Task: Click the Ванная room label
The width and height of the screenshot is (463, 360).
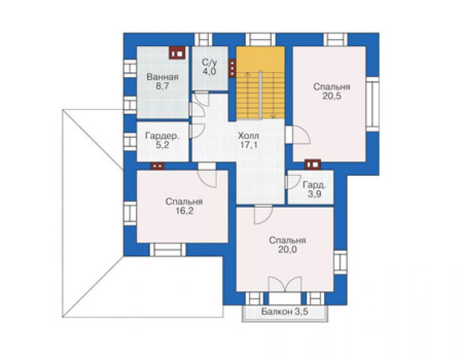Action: [163, 81]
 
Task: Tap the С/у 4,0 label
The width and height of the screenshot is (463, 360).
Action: [210, 67]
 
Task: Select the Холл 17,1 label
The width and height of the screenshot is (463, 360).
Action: [248, 140]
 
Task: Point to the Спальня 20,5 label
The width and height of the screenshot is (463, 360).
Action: [332, 91]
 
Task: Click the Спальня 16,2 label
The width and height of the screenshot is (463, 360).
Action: [184, 206]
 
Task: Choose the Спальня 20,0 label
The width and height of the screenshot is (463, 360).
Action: [287, 245]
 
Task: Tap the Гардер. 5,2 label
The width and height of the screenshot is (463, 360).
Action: [162, 140]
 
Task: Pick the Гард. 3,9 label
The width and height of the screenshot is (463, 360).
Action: [315, 190]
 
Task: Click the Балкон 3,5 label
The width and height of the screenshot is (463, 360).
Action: [285, 312]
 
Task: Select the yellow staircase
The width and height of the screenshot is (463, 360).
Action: [260, 83]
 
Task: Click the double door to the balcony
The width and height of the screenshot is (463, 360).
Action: [285, 284]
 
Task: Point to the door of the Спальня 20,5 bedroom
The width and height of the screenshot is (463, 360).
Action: [298, 135]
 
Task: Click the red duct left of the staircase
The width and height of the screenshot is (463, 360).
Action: [232, 69]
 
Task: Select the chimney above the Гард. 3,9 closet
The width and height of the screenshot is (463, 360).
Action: [313, 164]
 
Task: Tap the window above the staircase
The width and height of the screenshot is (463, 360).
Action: [260, 39]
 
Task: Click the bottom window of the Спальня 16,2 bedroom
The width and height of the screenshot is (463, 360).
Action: [168, 250]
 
